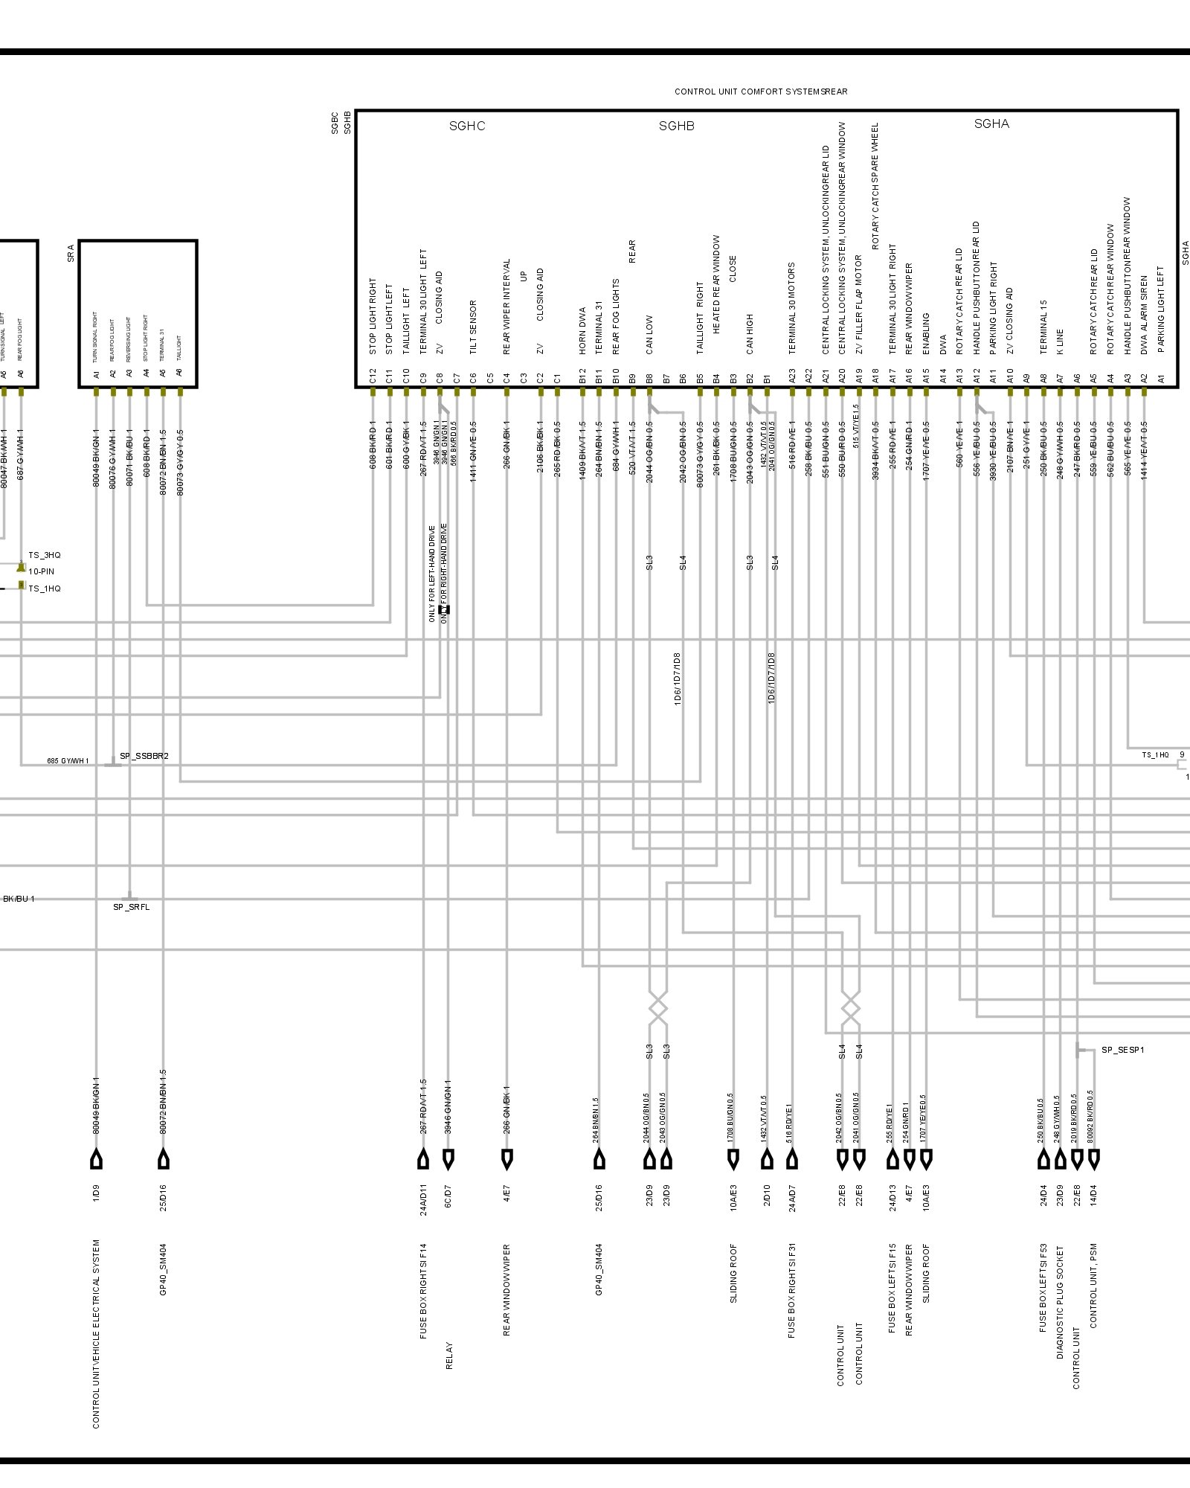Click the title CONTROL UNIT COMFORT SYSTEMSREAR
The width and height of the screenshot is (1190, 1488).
click(x=761, y=92)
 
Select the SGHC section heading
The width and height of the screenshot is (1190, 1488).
click(x=467, y=126)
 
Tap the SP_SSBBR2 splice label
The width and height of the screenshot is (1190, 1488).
click(x=144, y=756)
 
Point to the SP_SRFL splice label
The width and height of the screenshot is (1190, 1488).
click(x=131, y=907)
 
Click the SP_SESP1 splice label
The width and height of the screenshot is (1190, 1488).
click(x=1122, y=1050)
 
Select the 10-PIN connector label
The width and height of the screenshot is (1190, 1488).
click(x=42, y=571)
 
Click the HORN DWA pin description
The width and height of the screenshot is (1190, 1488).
click(x=582, y=330)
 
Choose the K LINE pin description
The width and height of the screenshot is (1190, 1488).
click(x=1060, y=340)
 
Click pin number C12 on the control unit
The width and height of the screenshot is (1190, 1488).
click(x=373, y=377)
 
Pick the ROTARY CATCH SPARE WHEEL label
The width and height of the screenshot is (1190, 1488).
click(x=875, y=186)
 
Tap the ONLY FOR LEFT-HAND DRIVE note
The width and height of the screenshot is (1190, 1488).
click(x=431, y=574)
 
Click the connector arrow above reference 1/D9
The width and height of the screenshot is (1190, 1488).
click(x=96, y=1159)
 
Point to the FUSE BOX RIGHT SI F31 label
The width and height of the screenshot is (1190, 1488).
click(x=792, y=1291)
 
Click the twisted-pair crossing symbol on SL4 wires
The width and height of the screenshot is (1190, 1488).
click(x=851, y=1009)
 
